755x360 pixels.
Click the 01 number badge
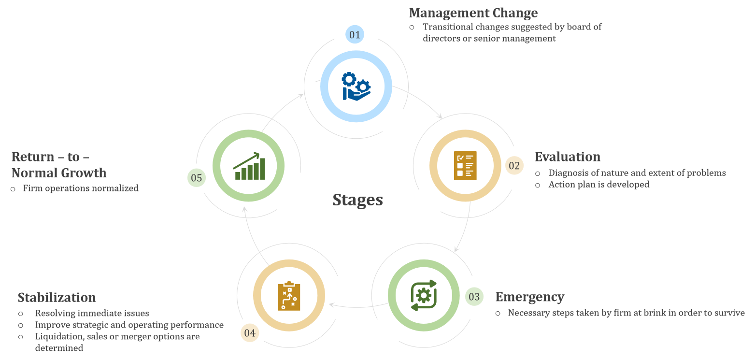coord(355,34)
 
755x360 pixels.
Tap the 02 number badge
coord(514,166)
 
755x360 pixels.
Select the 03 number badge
coord(474,296)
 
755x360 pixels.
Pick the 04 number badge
coord(250,332)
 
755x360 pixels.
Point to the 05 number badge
coord(196,178)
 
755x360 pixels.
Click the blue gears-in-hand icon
coord(356,86)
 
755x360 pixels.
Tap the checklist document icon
coord(465,166)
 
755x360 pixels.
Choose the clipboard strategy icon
coord(289,295)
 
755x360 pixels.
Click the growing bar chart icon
coord(249,166)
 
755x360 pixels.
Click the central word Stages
coord(357,200)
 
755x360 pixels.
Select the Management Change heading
coord(473,13)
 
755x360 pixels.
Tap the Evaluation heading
coord(567,157)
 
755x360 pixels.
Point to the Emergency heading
coord(529,297)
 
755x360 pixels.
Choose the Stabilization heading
coord(57,297)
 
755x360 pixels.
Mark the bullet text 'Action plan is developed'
coord(598,185)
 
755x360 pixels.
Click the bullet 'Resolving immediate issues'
coord(92,313)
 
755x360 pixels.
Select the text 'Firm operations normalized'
coord(81,188)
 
